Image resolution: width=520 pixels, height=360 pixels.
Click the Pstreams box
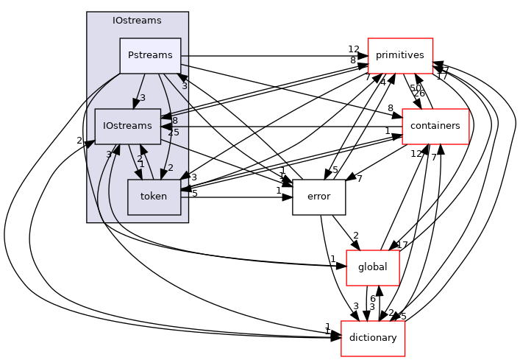click(x=150, y=56)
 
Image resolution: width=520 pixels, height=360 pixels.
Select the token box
click(x=154, y=197)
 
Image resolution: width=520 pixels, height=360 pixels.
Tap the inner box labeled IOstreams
click(x=127, y=126)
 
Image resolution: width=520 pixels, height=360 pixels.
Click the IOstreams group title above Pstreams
click(x=137, y=21)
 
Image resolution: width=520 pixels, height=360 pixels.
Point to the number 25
click(x=174, y=133)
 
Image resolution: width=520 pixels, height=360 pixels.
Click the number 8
click(x=174, y=121)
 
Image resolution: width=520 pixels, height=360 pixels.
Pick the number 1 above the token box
click(x=142, y=164)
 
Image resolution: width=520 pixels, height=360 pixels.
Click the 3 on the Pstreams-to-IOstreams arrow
click(x=143, y=98)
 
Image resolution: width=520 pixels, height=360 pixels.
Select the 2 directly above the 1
click(x=140, y=158)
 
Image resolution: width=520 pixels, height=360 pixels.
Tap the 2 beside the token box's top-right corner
click(x=171, y=168)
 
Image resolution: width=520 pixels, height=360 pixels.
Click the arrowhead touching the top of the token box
click(x=164, y=174)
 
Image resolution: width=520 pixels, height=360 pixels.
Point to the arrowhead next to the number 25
click(x=166, y=127)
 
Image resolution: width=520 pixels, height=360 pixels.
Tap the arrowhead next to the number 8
click(x=166, y=116)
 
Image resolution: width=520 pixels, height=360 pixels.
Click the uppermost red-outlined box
click(x=400, y=56)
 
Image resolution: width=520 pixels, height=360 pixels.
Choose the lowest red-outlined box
click(x=373, y=339)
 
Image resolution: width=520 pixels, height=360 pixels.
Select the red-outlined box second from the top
click(x=435, y=127)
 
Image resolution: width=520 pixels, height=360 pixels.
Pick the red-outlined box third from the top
click(x=373, y=268)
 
